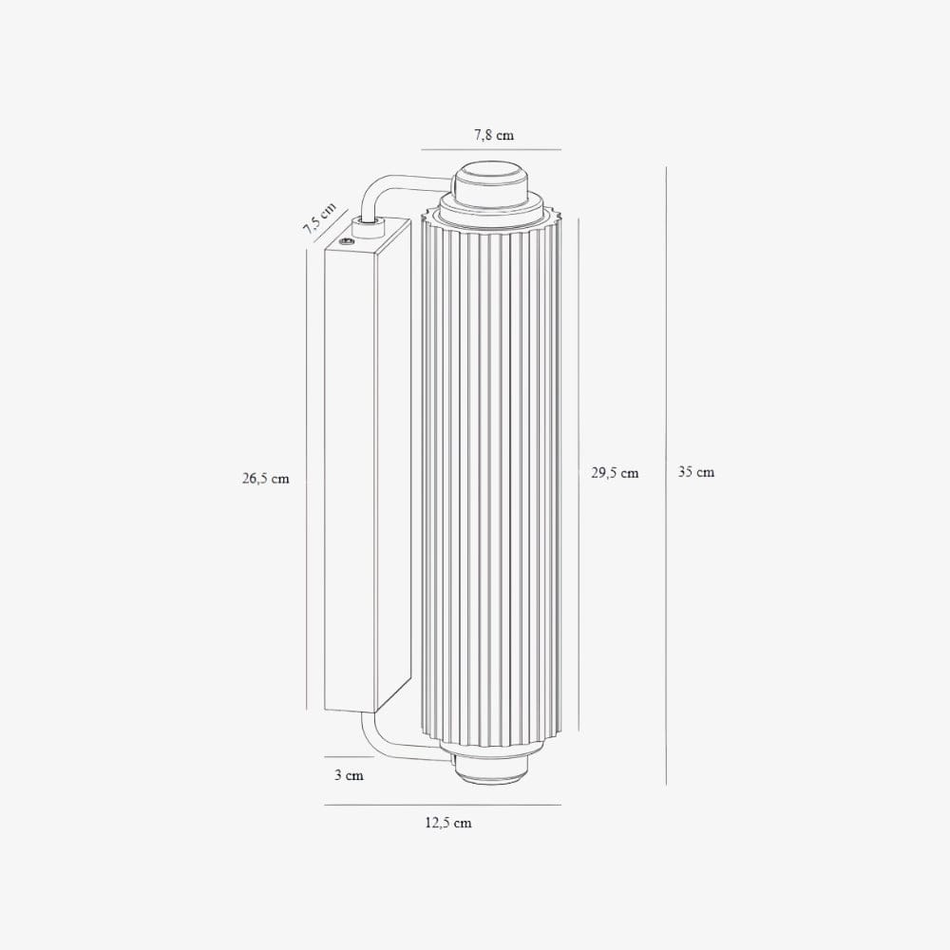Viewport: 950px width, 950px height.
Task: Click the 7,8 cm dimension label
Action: point(494,135)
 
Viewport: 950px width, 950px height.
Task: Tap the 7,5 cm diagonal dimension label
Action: point(319,218)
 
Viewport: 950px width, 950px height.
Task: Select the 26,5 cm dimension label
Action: point(265,479)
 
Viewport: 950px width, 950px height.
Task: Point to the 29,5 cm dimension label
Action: point(615,472)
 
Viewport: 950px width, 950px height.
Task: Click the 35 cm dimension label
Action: point(696,471)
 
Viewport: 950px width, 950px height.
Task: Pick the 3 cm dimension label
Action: point(349,775)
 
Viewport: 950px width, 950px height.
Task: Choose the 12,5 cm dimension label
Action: point(447,823)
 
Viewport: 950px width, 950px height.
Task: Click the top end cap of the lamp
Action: point(491,185)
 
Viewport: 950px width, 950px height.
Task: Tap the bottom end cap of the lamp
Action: point(491,769)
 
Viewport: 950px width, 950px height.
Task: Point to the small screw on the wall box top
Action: point(349,243)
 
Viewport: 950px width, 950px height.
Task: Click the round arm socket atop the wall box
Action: point(366,224)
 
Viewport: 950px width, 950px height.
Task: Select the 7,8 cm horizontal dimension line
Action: point(491,149)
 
